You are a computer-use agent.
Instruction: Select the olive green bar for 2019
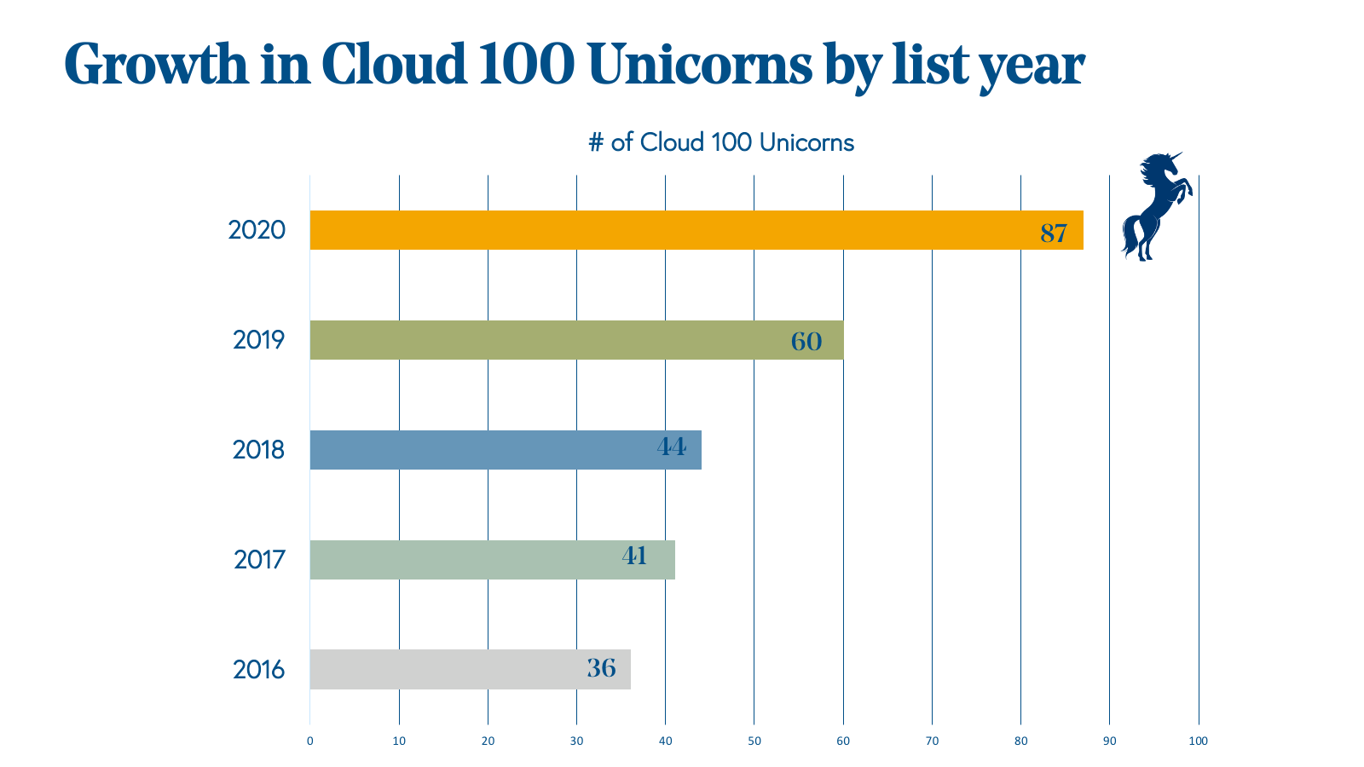[x=554, y=340]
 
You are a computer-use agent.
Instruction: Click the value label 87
[x=1054, y=233]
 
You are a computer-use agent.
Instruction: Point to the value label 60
[x=806, y=342]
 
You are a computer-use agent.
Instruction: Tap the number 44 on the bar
[x=671, y=447]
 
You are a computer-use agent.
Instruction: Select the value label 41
[x=634, y=556]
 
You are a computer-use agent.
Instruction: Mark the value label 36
[x=601, y=668]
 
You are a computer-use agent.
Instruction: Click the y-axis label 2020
[x=257, y=230]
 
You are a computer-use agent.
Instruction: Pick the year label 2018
[x=258, y=450]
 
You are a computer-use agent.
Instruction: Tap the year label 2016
[x=258, y=670]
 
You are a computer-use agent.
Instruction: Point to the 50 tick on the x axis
[x=754, y=741]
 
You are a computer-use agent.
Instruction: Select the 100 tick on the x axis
[x=1198, y=741]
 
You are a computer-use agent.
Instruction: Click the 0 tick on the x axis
[x=310, y=741]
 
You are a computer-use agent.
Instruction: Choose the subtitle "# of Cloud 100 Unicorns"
[x=721, y=142]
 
